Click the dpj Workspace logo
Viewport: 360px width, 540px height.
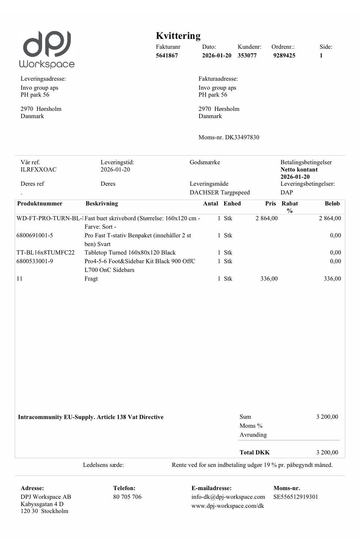click(x=47, y=49)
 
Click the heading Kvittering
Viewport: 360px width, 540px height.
click(x=178, y=36)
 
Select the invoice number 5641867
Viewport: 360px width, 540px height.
click(x=167, y=55)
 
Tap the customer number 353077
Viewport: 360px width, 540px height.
click(x=247, y=55)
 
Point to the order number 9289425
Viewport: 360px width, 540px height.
click(x=284, y=55)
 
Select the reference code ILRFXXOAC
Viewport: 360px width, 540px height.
click(x=39, y=169)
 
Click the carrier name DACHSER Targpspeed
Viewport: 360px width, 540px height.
click(x=220, y=192)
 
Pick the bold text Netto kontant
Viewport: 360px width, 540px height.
click(x=299, y=169)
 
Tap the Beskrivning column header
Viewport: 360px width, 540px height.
click(x=102, y=204)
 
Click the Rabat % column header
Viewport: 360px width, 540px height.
click(x=290, y=207)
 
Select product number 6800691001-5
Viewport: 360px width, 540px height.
click(x=34, y=235)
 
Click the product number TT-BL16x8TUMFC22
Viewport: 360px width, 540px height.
click(x=45, y=253)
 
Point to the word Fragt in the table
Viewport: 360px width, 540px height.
click(x=91, y=279)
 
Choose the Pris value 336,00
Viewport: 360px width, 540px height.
click(x=269, y=279)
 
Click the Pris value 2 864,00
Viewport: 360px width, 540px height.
click(x=267, y=218)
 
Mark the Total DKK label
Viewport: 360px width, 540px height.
click(x=255, y=452)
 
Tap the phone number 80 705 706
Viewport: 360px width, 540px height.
click(x=127, y=497)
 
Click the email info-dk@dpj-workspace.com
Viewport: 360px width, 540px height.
click(x=228, y=497)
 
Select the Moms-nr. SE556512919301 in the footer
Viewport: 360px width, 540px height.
click(x=295, y=497)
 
